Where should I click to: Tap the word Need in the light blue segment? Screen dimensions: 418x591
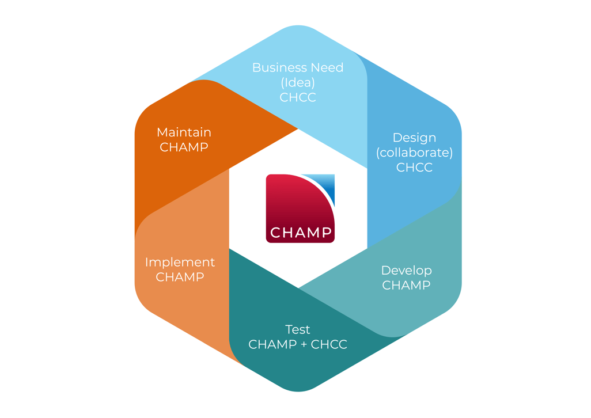[x=325, y=67]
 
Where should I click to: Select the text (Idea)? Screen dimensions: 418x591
[x=298, y=82]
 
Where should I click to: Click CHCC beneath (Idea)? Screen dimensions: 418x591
[x=298, y=97]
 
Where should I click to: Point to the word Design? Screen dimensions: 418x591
[x=414, y=138]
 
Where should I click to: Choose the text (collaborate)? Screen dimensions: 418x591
[x=414, y=153]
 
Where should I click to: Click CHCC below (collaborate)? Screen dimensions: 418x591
[x=414, y=168]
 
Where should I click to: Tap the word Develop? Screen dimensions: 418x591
[x=406, y=270]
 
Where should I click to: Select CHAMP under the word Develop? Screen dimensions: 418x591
[x=406, y=285]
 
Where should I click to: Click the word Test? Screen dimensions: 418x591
[x=298, y=329]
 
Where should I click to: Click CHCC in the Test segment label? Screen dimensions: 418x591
[x=329, y=344]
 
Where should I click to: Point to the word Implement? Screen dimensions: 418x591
[x=180, y=262]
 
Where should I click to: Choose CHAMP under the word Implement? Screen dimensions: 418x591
[x=180, y=277]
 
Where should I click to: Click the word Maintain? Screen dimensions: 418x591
[x=184, y=132]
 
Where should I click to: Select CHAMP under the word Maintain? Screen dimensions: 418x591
[x=184, y=147]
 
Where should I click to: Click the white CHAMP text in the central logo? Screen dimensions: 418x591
[x=301, y=233]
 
